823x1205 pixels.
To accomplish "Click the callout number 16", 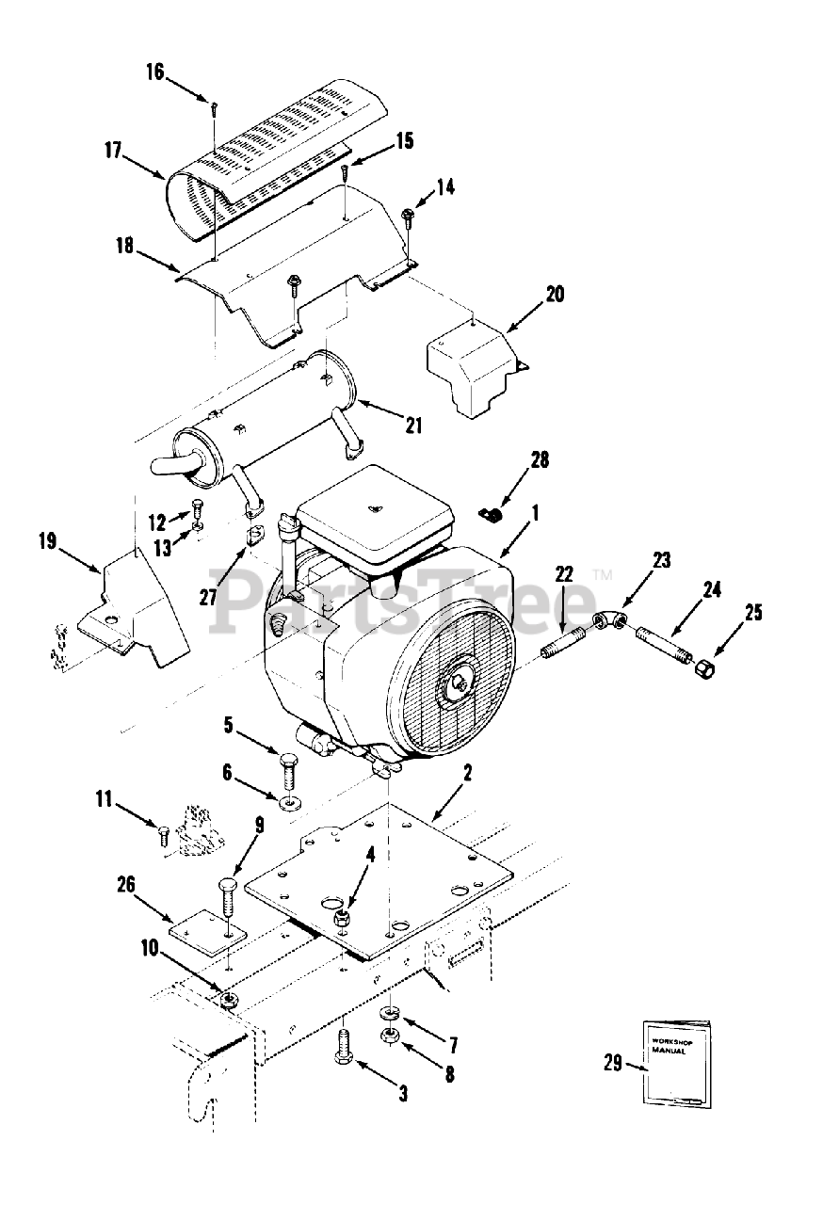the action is pyautogui.click(x=155, y=72).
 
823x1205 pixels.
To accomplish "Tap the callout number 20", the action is pyautogui.click(x=556, y=295).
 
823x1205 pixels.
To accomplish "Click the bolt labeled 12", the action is pyautogui.click(x=198, y=506).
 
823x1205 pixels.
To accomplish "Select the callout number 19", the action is pyautogui.click(x=47, y=540).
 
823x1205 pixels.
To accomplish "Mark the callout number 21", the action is pyautogui.click(x=413, y=426).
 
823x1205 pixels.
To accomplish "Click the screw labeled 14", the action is pyautogui.click(x=408, y=219).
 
